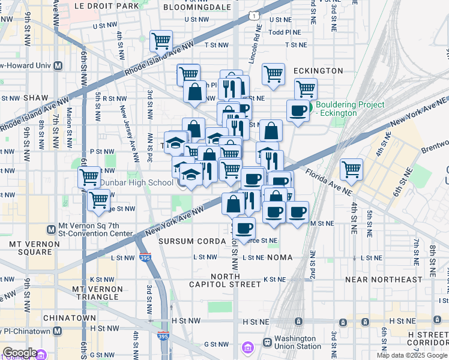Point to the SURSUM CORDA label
pyautogui.click(x=184, y=241)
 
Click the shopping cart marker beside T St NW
pyautogui.click(x=161, y=41)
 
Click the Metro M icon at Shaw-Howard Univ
pyautogui.click(x=58, y=65)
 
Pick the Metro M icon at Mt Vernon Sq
pyautogui.click(x=51, y=228)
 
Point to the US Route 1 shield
pyautogui.click(x=255, y=14)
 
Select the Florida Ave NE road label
pyautogui.click(x=328, y=181)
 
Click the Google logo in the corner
pyautogui.click(x=20, y=352)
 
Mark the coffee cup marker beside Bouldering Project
pyautogui.click(x=298, y=110)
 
